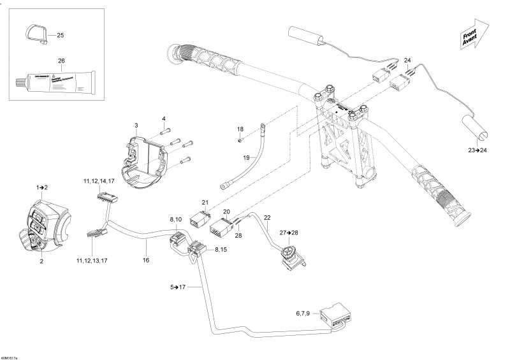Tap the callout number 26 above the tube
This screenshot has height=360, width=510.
(x=61, y=61)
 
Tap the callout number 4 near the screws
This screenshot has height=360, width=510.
(x=163, y=119)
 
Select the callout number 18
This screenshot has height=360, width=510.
(x=240, y=129)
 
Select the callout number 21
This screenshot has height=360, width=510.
(x=205, y=202)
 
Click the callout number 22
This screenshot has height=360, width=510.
(x=267, y=218)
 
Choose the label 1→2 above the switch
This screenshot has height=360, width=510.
(x=43, y=187)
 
